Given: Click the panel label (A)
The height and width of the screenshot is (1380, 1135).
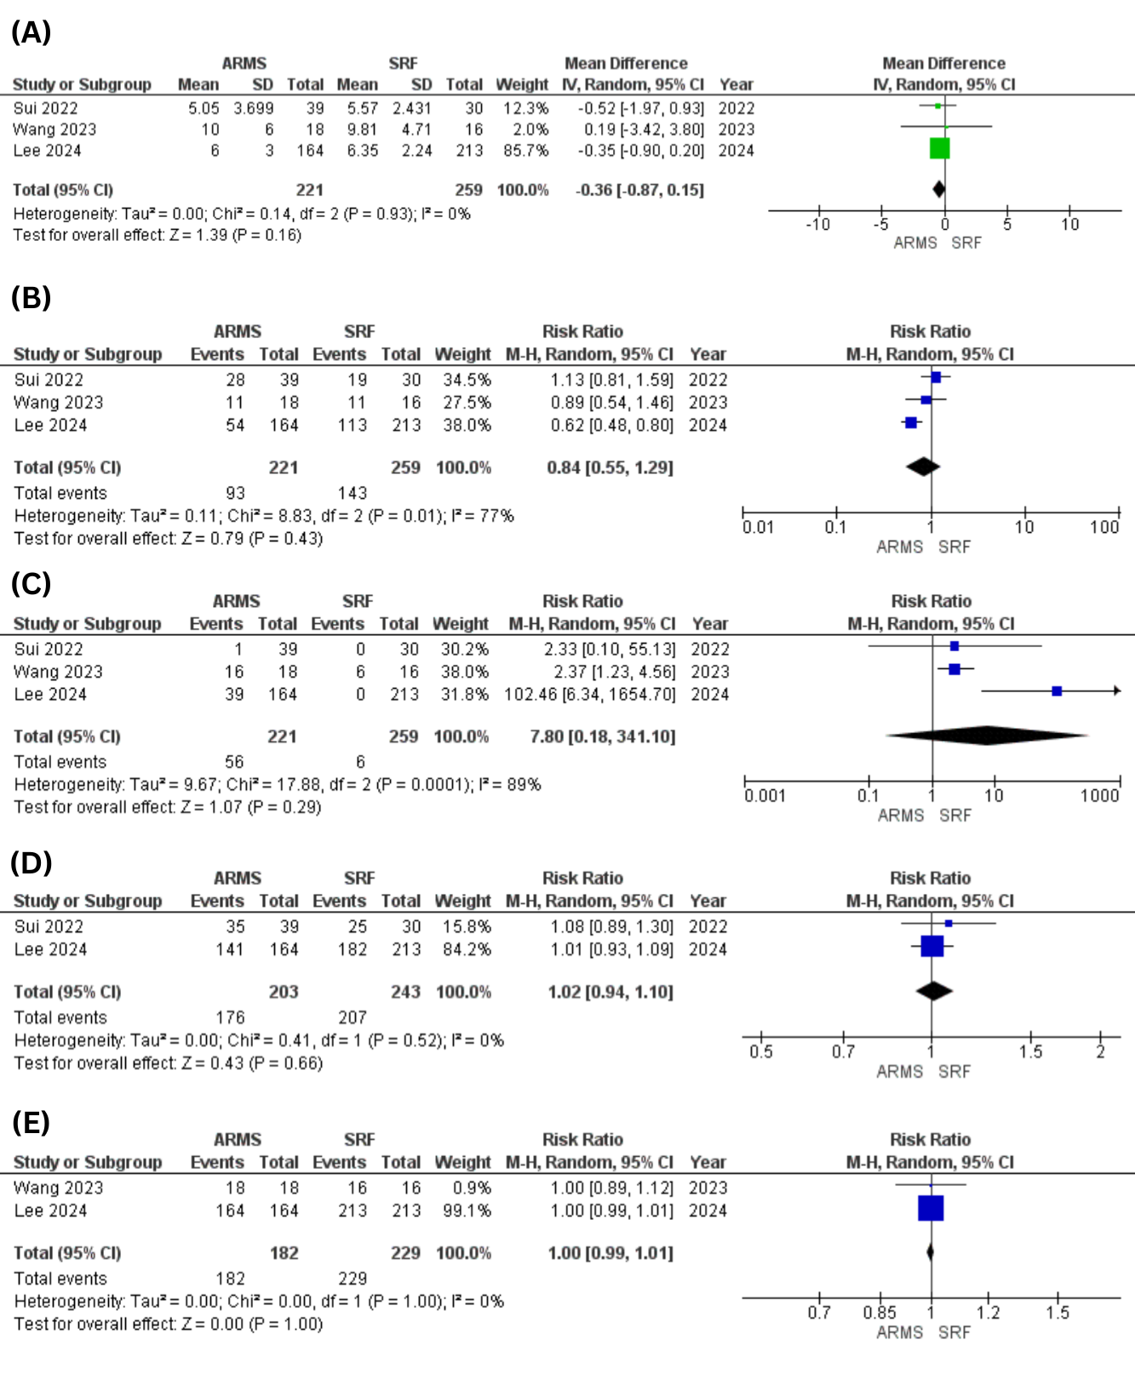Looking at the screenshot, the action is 31,32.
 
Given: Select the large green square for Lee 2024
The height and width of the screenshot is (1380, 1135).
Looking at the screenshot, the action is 939,148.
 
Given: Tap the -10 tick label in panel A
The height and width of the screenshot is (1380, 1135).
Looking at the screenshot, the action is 817,224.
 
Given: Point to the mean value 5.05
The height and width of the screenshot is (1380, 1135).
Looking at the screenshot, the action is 203,108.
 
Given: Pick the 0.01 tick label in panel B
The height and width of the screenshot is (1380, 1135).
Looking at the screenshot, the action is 758,527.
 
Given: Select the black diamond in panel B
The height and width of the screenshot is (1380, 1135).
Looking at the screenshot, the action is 923,467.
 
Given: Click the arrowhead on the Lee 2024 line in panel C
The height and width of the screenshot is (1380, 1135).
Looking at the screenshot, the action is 1117,690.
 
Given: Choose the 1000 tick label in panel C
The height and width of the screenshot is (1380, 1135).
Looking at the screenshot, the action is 1099,795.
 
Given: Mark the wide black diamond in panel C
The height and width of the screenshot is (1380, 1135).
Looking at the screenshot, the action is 987,735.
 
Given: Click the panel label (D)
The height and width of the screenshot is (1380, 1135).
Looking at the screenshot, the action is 32,863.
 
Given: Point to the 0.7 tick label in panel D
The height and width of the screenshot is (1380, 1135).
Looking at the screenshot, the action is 843,1051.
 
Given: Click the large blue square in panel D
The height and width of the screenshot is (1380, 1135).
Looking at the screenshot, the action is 932,946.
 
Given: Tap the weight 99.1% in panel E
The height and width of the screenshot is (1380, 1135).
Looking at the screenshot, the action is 467,1211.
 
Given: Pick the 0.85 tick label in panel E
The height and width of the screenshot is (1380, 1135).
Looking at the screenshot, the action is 879,1313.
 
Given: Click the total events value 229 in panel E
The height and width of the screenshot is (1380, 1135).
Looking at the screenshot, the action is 353,1279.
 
